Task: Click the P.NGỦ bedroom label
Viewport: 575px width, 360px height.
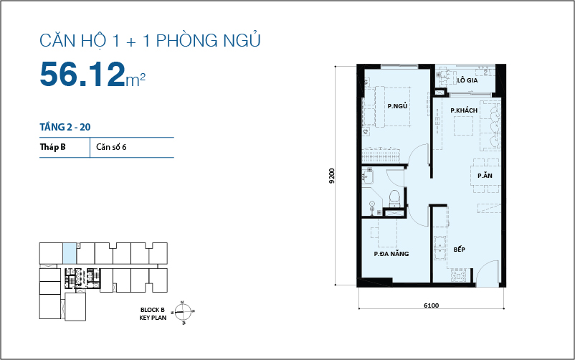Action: (397, 106)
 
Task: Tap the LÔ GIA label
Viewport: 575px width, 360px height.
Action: (467, 80)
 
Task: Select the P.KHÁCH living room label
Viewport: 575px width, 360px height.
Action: (464, 110)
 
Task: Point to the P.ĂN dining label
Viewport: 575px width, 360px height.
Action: (484, 176)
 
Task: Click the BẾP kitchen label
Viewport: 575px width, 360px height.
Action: (460, 250)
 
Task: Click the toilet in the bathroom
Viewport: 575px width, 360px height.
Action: (393, 198)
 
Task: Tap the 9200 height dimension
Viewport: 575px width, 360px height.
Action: (332, 176)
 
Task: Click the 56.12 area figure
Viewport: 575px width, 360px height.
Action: (82, 75)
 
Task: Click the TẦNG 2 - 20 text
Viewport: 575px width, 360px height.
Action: (65, 127)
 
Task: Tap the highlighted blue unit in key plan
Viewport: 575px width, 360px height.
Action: (69, 253)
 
